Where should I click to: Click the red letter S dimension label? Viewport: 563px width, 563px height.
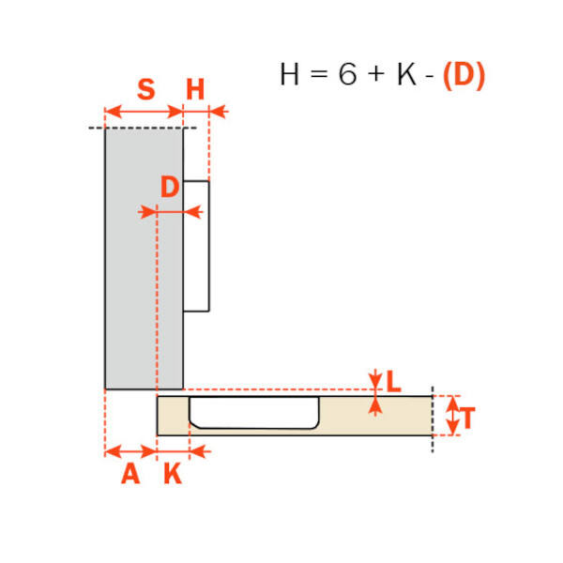coord(146,89)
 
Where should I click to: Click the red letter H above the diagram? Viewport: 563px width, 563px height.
coord(195,89)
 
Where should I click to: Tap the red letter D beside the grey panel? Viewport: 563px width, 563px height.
coord(170,187)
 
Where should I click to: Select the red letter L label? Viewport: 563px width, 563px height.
coord(393,381)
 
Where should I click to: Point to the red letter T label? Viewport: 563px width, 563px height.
coord(467,418)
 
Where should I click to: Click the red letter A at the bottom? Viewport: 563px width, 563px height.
coord(130,474)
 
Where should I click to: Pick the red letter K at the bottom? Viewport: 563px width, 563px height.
coord(173,474)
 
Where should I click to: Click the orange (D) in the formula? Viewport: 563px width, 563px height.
coord(464,76)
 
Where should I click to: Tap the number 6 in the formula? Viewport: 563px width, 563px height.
coord(347,74)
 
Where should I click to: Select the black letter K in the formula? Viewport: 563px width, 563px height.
coord(407,74)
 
